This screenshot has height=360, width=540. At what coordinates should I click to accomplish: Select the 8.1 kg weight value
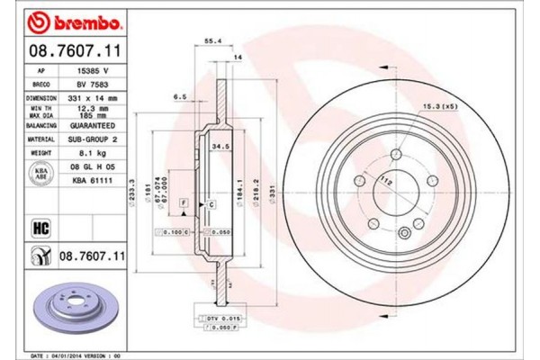pyautogui.click(x=88, y=154)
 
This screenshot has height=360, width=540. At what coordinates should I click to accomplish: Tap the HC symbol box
pyautogui.click(x=40, y=228)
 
